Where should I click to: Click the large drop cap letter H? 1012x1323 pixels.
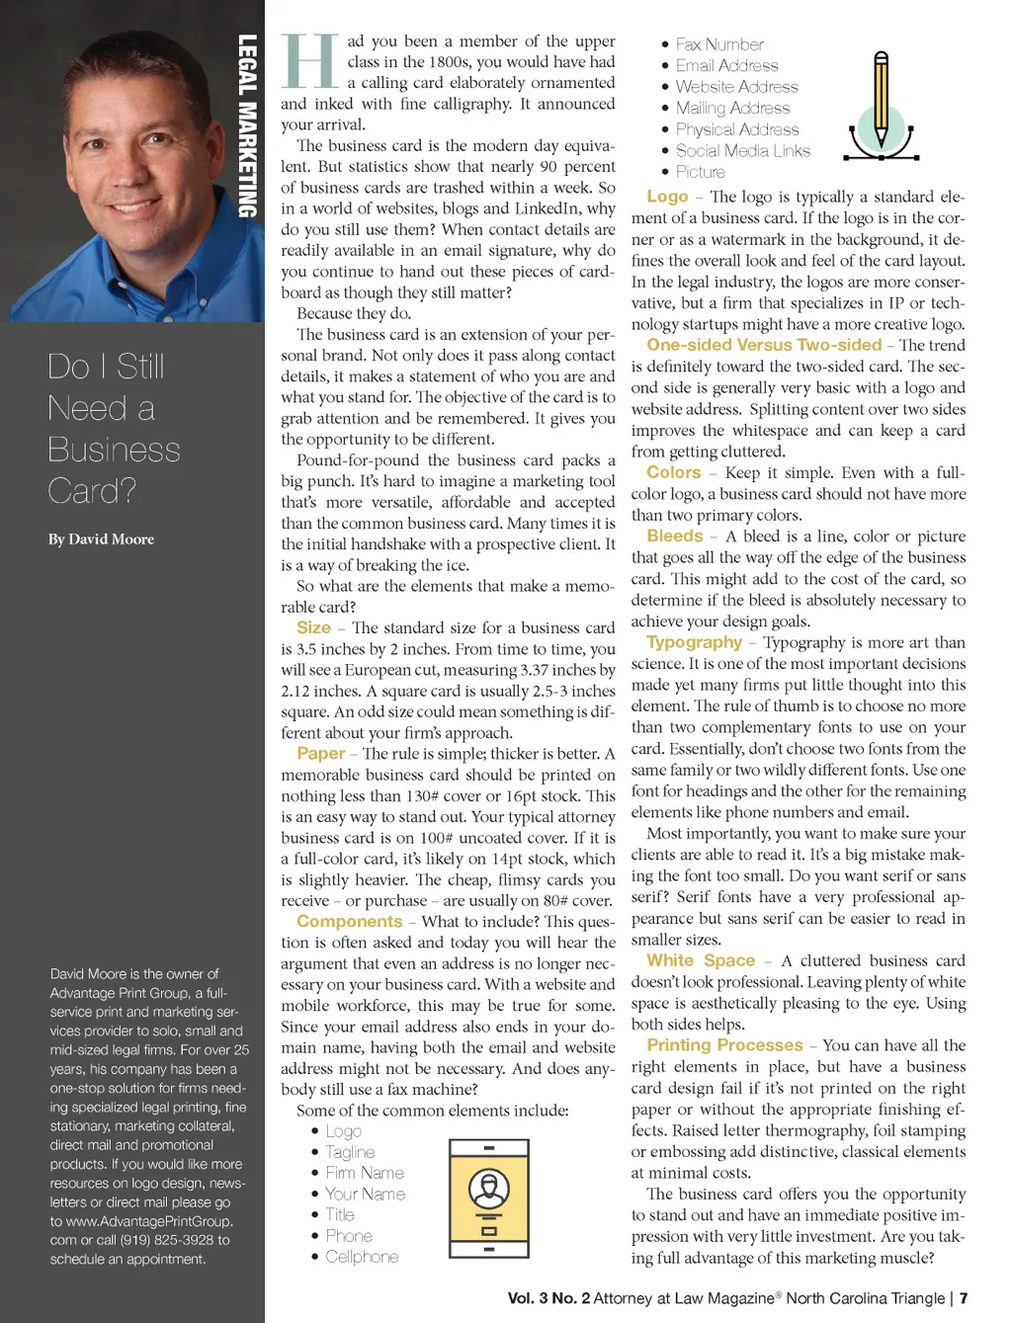click(309, 61)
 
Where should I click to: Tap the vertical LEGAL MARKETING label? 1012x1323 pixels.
click(247, 125)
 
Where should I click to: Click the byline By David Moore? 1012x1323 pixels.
click(101, 539)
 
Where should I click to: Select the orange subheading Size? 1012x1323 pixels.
click(313, 627)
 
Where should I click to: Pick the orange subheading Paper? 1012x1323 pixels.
click(320, 754)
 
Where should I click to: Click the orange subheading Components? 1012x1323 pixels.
click(349, 922)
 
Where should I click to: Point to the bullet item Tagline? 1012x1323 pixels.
click(350, 1152)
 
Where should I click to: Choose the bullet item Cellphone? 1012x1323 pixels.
click(362, 1257)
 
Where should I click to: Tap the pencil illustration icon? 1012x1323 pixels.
click(881, 108)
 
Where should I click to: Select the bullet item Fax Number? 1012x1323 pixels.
click(719, 44)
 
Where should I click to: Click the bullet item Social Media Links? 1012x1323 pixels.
click(742, 151)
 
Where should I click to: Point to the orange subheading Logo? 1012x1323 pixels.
click(667, 197)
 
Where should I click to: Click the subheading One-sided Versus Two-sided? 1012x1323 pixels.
click(764, 345)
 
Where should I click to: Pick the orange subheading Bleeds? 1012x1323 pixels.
click(675, 536)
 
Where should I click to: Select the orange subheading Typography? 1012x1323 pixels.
click(694, 642)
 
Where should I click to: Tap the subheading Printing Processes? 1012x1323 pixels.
click(724, 1045)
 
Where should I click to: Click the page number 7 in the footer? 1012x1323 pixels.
click(964, 1298)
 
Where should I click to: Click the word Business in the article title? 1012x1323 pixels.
click(114, 450)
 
